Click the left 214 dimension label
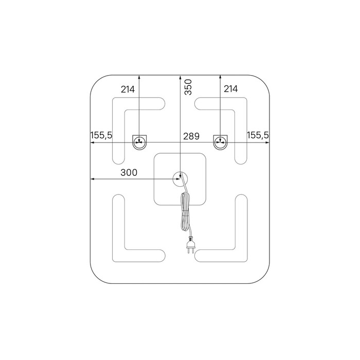[128, 89]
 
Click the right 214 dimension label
[231, 89]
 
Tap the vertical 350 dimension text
[188, 87]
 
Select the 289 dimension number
[191, 136]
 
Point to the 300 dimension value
[129, 172]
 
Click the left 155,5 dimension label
[101, 135]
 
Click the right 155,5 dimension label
[258, 135]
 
